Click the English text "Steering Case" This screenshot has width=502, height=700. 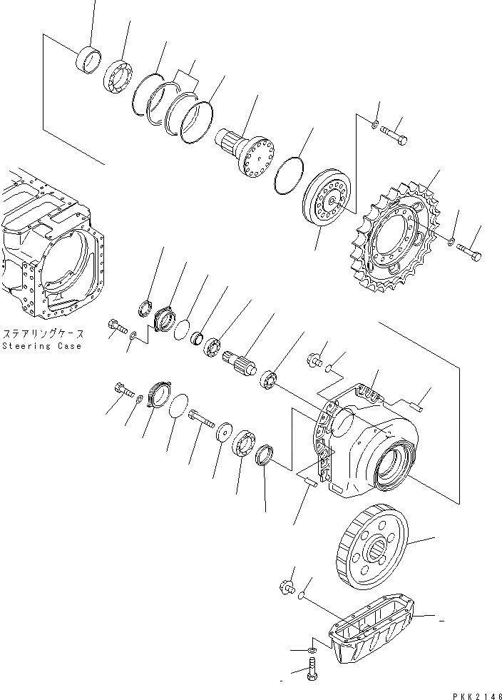(41, 346)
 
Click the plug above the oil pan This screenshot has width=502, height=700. (287, 587)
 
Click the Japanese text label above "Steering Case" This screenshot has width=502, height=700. (43, 334)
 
